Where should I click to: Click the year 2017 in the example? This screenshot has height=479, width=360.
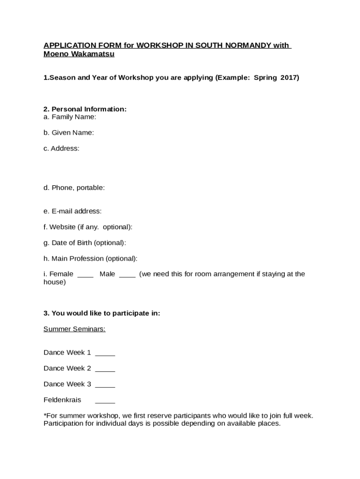(289, 78)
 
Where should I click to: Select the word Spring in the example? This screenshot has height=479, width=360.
(265, 78)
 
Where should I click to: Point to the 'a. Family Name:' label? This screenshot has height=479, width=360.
(70, 117)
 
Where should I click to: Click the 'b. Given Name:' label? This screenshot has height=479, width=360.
(69, 133)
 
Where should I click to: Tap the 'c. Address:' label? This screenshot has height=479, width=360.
(61, 149)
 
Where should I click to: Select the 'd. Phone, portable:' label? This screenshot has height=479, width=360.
(74, 188)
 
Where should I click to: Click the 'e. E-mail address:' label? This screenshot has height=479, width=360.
(72, 211)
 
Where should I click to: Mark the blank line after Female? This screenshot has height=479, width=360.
(85, 276)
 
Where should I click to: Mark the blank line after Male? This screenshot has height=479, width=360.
(127, 276)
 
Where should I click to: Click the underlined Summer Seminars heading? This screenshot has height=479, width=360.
(74, 329)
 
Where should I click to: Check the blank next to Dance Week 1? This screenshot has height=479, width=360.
(105, 355)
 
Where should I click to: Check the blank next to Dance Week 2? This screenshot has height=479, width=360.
(105, 370)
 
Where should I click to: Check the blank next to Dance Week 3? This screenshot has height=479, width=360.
(105, 386)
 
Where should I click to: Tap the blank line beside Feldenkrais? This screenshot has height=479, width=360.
(105, 402)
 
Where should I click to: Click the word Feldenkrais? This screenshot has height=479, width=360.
(62, 400)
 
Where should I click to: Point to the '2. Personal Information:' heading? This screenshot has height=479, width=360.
(85, 109)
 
